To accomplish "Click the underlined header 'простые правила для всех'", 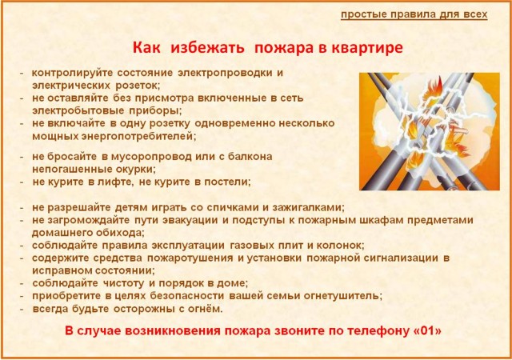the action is coord(414,14).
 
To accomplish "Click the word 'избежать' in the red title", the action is coord(207,48).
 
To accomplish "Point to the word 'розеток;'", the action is coord(138,86).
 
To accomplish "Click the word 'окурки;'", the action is coord(136,170).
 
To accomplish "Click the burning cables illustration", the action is coord(430,131).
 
